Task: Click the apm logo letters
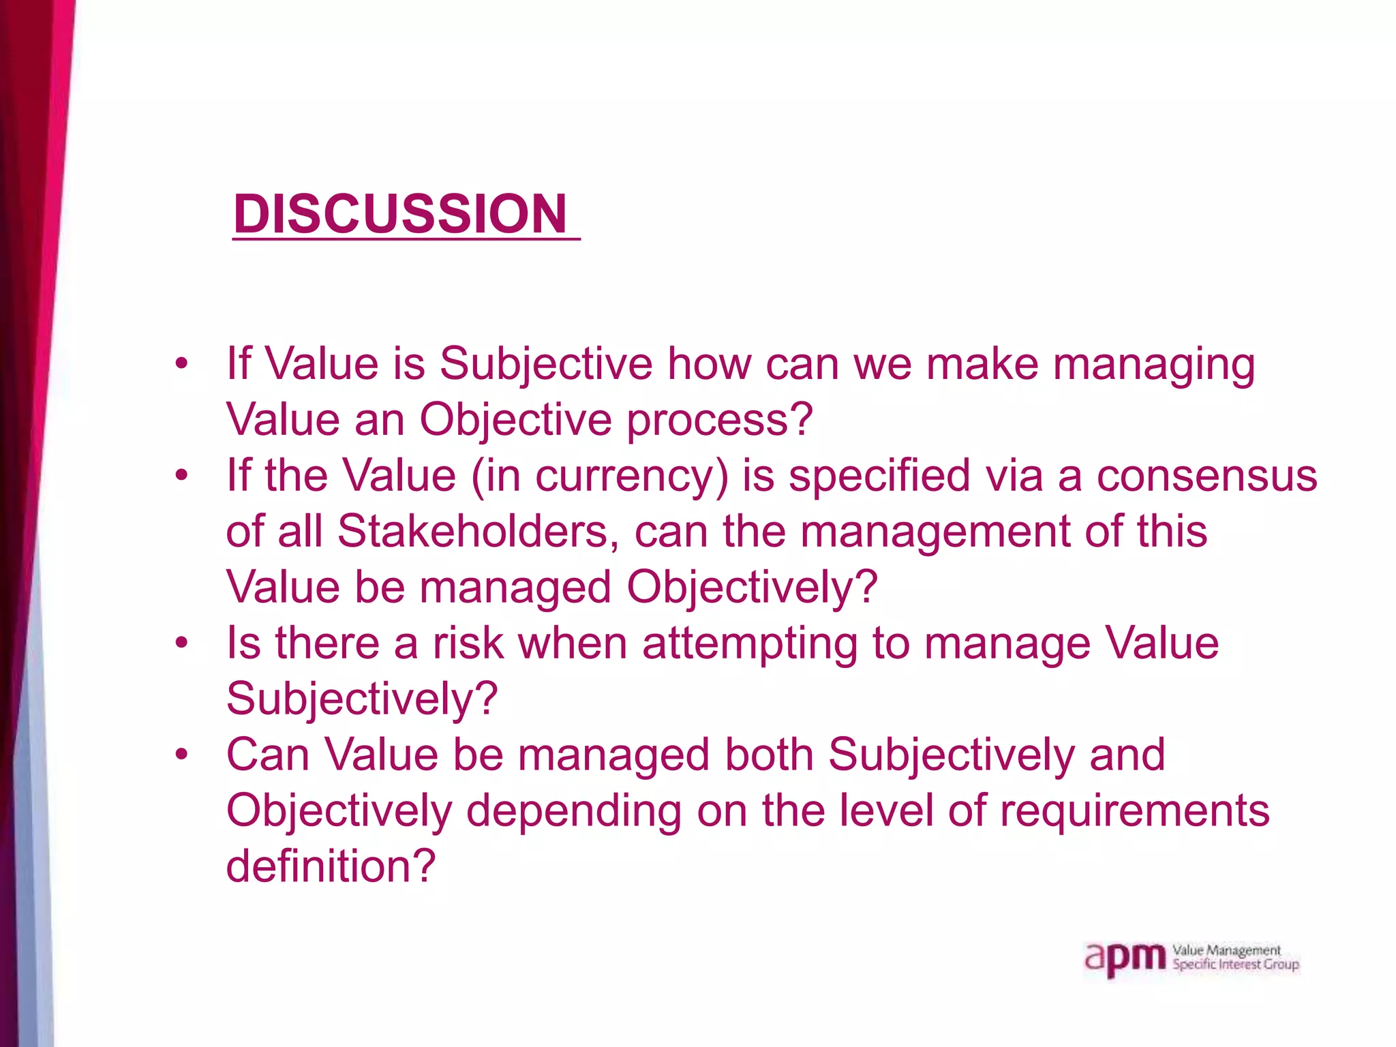point(1125,958)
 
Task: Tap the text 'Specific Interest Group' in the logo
point(1235,965)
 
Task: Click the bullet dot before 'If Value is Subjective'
point(181,363)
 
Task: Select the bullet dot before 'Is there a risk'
point(181,643)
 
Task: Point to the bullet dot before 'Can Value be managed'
point(181,755)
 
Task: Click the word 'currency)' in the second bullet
point(632,476)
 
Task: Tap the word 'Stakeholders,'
point(478,531)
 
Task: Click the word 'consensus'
point(1207,475)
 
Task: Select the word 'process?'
point(720,420)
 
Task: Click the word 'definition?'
point(331,866)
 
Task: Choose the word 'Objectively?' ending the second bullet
point(751,588)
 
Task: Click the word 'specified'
point(879,476)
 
